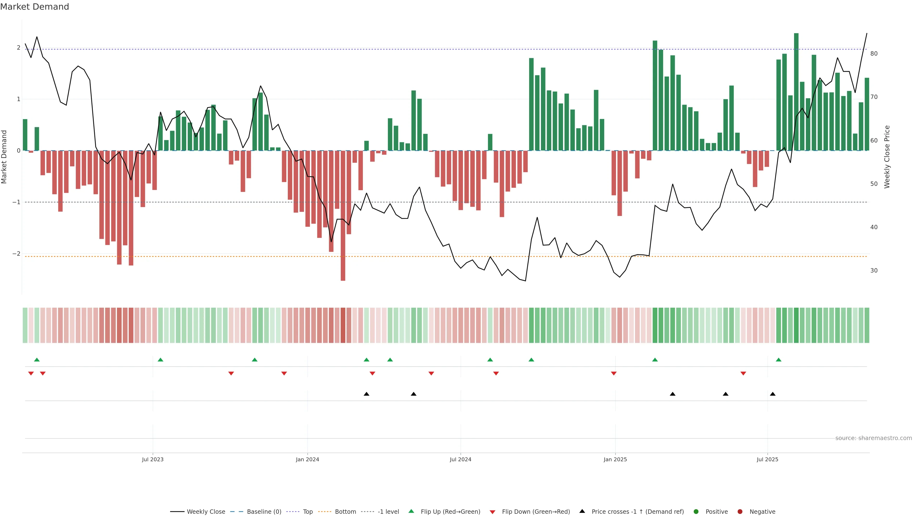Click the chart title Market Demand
pos(34,7)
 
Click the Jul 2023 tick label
pos(153,459)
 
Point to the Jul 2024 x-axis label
pos(460,459)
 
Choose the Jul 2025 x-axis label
pos(767,459)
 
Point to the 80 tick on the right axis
pos(874,54)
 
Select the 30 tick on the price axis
pos(874,271)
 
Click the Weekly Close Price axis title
pos(887,157)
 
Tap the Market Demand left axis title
pos(4,157)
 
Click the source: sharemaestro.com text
pos(873,438)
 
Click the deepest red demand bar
pos(343,215)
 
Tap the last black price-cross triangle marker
pos(773,394)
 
